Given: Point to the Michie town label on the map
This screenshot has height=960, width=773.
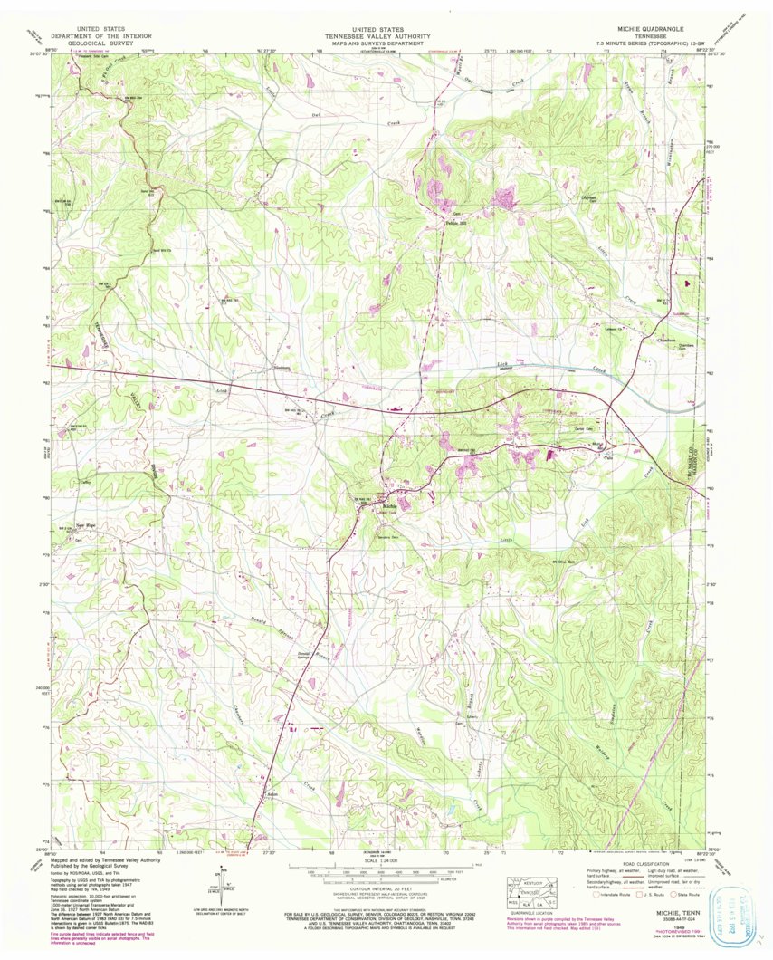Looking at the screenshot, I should tap(391, 505).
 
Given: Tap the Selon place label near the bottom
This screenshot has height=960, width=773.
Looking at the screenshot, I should tap(270, 795).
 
